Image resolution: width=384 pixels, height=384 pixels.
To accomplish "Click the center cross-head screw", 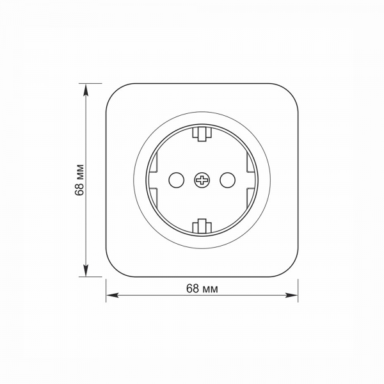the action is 202,180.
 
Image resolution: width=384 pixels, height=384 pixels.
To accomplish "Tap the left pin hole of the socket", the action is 177,180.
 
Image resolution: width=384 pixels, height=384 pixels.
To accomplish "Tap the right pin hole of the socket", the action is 228,180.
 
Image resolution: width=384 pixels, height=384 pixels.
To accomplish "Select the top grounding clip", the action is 202,134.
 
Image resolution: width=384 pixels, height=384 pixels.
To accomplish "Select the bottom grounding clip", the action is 202,226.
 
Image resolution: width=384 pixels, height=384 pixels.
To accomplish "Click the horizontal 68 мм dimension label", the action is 202,289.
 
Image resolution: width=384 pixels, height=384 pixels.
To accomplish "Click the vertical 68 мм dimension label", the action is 79,180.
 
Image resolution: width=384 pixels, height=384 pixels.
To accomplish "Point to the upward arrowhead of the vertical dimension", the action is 86,89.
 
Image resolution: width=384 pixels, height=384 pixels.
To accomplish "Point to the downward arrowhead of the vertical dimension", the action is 86,271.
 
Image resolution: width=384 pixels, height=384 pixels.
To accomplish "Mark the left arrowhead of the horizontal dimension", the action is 112,295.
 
